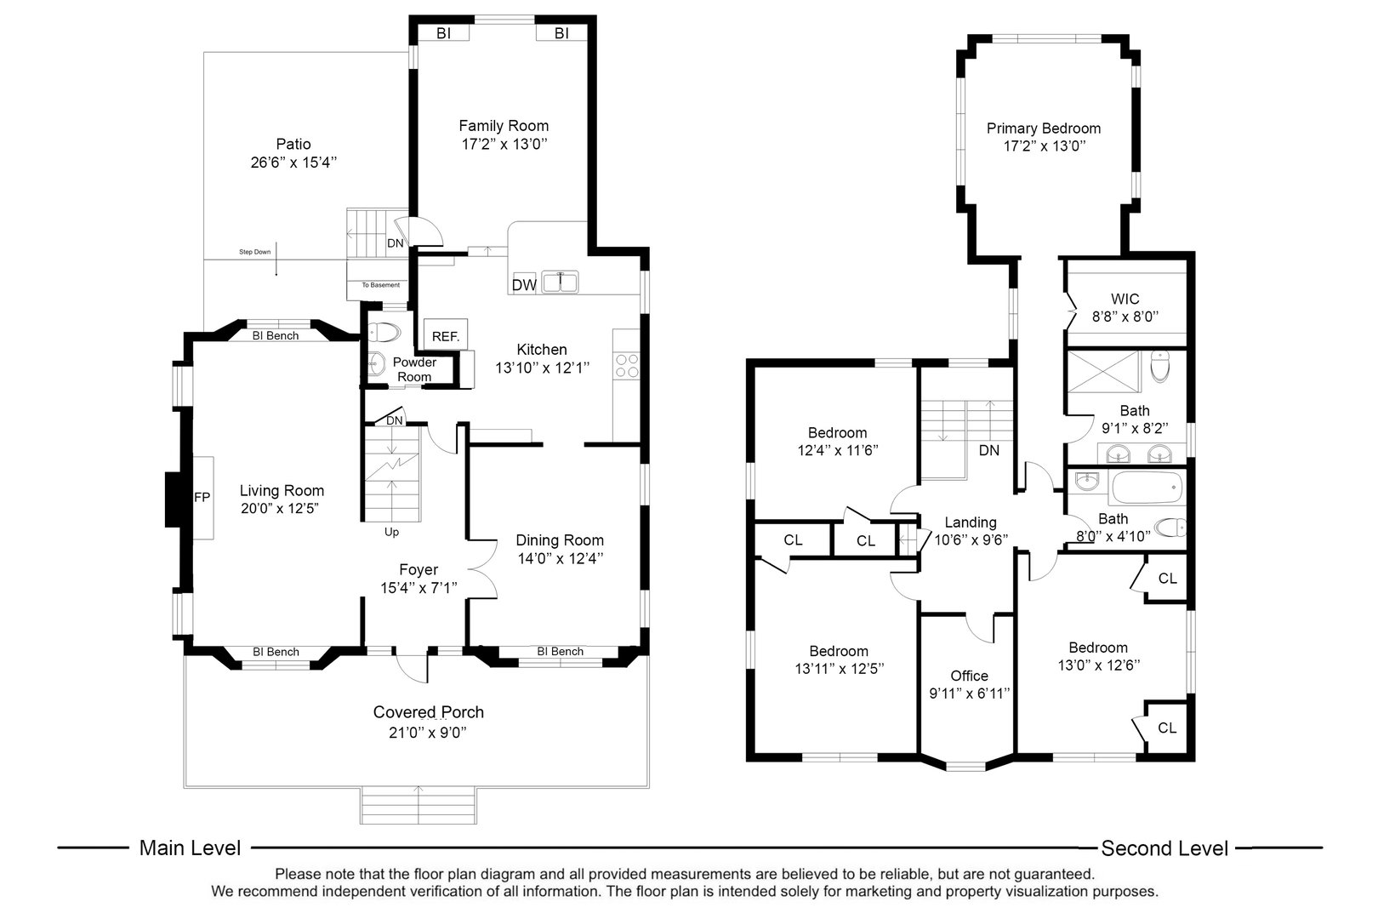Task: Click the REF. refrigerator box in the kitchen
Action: [x=446, y=336]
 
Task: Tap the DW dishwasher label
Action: [x=524, y=285]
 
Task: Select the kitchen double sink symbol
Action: [x=560, y=282]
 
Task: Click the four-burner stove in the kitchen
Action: [x=627, y=366]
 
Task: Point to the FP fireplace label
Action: [x=202, y=498]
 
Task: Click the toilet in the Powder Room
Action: [x=385, y=332]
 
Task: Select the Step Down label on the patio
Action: [x=255, y=252]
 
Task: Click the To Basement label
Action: [x=380, y=285]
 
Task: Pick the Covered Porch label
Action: [x=429, y=712]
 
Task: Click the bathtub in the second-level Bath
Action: [x=1146, y=488]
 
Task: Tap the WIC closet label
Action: [x=1125, y=299]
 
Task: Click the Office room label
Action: [x=969, y=676]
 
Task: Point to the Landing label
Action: [x=971, y=522]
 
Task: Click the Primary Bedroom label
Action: [x=1044, y=128]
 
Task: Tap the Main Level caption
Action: [x=190, y=848]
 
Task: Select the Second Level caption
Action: [x=1164, y=848]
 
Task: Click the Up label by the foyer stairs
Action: [x=391, y=532]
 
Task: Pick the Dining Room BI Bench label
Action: [x=561, y=651]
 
